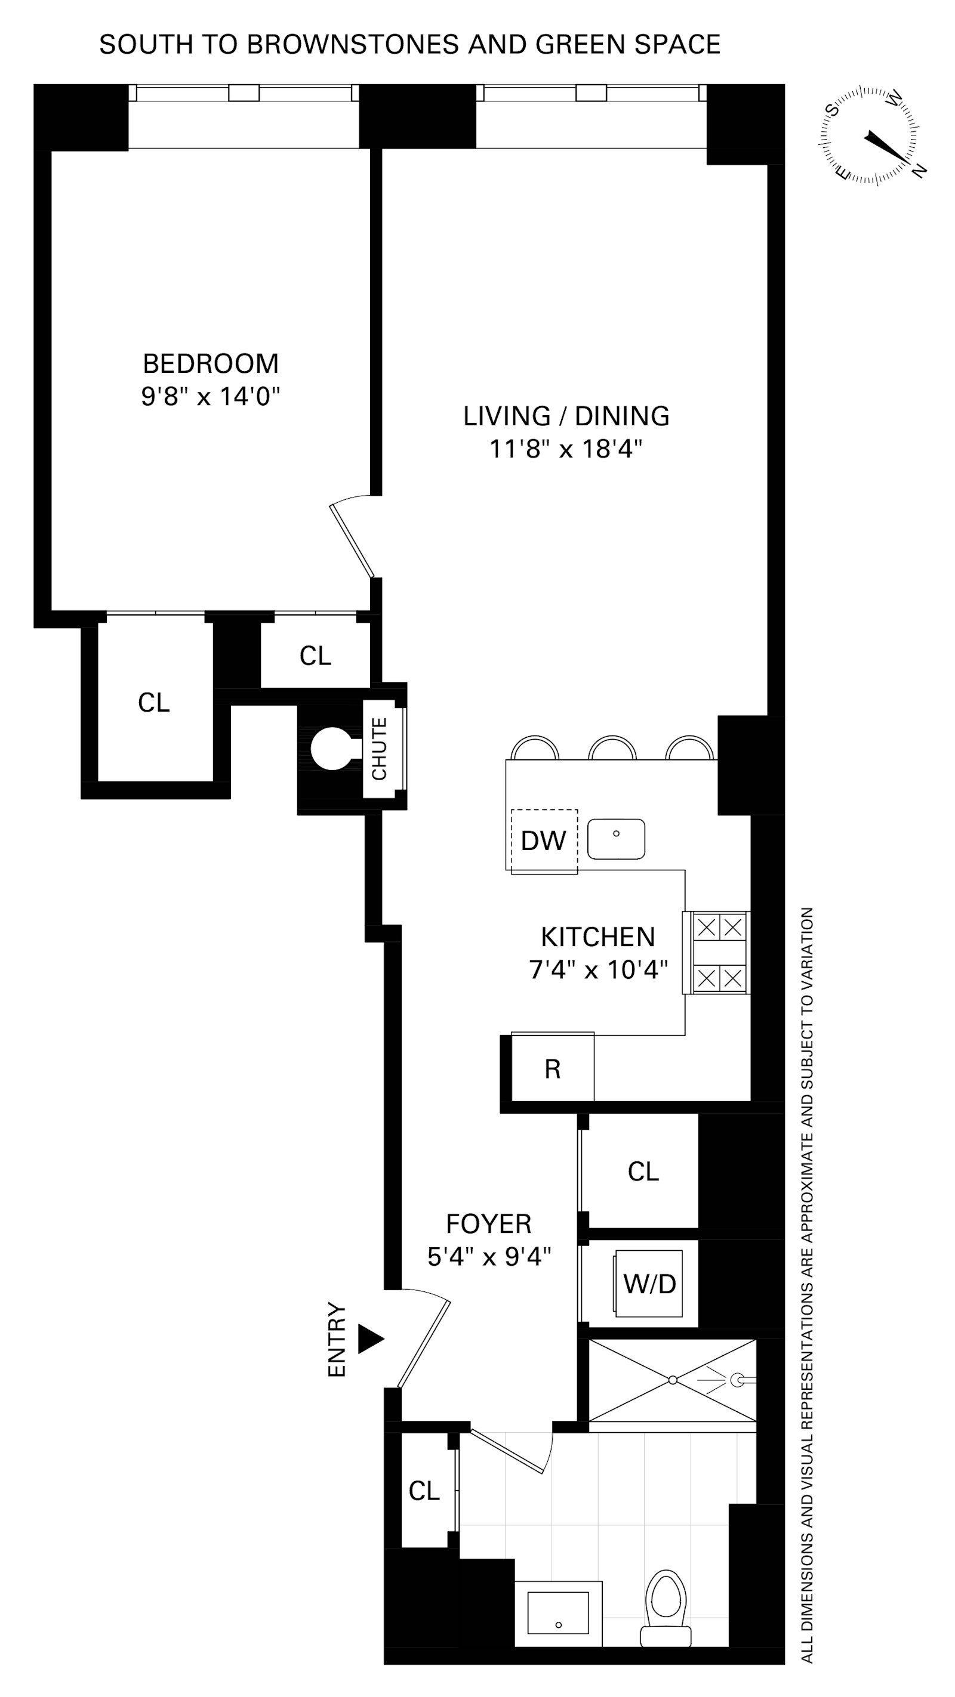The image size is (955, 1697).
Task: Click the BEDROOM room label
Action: point(210,364)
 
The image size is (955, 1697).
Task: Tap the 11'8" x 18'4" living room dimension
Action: point(565,449)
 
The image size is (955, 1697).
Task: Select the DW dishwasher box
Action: point(544,840)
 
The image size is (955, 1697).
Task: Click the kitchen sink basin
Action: point(615,839)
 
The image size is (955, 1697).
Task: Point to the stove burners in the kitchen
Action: point(719,953)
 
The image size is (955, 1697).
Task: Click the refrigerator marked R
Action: point(552,1068)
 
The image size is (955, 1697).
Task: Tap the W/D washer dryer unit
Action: point(649,1283)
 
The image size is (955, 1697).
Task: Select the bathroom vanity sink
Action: point(558,1613)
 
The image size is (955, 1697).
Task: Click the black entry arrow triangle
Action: point(369,1339)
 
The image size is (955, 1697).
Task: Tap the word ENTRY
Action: point(337,1339)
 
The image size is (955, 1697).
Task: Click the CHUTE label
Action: point(379,749)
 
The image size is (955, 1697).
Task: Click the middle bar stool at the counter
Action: point(612,749)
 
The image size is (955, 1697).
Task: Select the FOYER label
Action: point(488,1224)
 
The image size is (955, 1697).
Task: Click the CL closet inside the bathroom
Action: point(424,1491)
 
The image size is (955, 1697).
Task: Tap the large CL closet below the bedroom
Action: point(153,703)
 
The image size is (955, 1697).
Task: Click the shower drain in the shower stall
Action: point(672,1380)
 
